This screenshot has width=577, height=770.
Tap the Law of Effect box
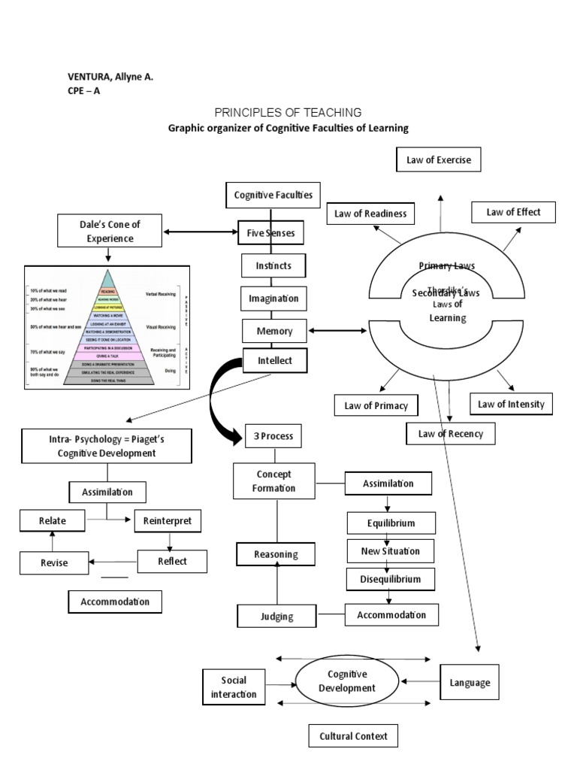pos(513,212)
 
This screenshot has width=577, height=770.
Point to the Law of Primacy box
pos(376,405)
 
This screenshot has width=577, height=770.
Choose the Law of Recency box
pos(451,433)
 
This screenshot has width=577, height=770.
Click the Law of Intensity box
pos(510,405)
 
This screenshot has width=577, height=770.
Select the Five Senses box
pos(270,233)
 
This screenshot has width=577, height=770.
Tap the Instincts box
pos(273,265)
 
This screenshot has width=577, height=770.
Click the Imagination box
pos(273,299)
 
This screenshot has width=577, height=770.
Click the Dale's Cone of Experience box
pos(110,231)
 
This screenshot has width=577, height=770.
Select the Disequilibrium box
pos(388,579)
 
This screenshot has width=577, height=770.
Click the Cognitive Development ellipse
pos(346,682)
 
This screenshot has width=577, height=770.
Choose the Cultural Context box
pos(353,736)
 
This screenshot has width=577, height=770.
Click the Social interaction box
pos(234,687)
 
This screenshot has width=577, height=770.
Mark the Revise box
pos(53,562)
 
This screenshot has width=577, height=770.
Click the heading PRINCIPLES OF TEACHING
pos(288,112)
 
